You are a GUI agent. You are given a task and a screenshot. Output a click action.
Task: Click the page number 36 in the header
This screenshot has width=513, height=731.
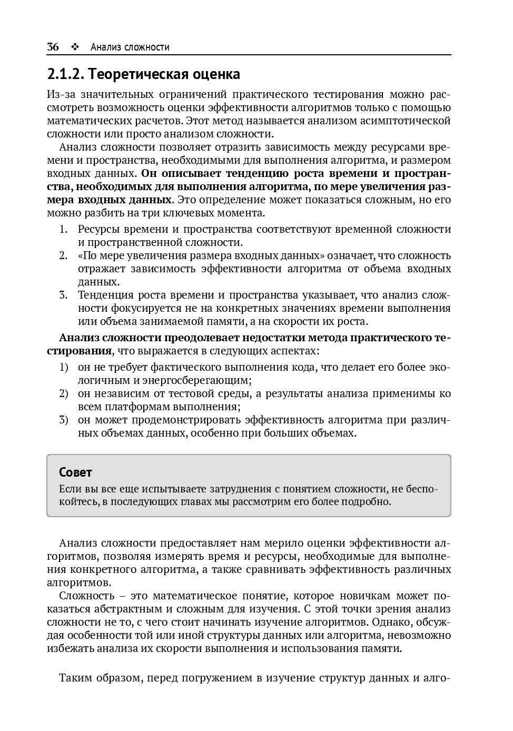[x=53, y=47]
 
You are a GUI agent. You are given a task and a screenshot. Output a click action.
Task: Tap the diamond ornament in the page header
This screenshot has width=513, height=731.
[x=74, y=47]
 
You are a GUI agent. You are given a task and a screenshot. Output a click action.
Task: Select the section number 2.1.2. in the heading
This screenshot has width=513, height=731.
[x=66, y=74]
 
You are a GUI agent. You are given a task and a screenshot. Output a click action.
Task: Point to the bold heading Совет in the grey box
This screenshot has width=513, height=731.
[x=75, y=472]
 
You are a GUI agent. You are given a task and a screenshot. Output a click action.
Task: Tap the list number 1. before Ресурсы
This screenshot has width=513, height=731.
[x=63, y=229]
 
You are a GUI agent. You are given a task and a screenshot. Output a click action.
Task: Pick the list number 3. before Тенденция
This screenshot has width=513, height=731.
[x=63, y=295]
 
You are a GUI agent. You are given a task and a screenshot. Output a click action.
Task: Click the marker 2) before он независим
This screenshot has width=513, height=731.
[x=63, y=393]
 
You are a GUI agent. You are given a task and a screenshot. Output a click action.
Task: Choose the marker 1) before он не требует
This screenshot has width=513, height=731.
[x=63, y=367]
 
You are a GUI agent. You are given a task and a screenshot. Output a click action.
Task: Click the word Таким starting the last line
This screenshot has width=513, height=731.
[x=74, y=677]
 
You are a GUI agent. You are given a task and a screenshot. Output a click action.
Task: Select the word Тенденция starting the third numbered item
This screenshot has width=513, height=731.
[x=105, y=295]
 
